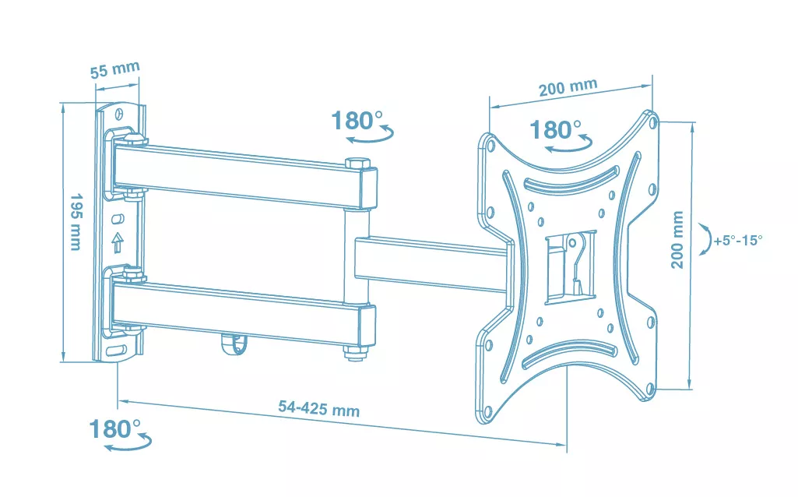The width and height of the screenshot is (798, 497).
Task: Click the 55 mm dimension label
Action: point(115,69)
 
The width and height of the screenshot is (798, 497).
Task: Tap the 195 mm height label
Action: point(76,221)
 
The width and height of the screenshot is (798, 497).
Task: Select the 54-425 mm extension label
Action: point(318,408)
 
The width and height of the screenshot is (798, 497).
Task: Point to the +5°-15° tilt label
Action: point(737,240)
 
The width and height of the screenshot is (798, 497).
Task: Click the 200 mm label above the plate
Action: point(568,87)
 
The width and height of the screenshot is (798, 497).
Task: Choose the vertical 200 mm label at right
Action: point(677,239)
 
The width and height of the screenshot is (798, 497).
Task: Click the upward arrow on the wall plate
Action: point(118,242)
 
